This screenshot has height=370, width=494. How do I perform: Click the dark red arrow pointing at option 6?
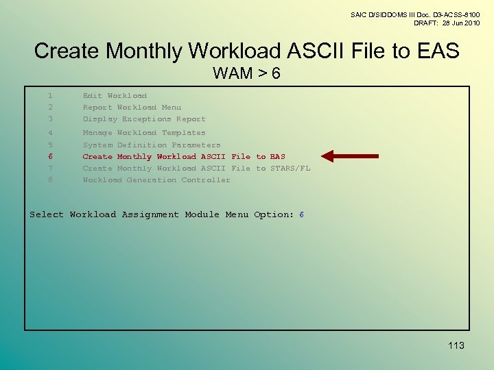350,156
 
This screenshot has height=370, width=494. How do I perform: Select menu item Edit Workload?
115,96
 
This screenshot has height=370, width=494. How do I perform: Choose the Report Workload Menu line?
132,108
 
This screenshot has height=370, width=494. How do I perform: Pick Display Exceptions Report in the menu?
144,119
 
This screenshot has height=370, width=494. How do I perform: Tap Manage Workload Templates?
144,133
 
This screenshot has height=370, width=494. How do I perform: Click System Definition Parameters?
152,145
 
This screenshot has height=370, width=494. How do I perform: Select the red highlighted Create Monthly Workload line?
184,157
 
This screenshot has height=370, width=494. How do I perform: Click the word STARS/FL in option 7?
292,169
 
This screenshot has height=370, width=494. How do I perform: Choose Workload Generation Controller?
156,180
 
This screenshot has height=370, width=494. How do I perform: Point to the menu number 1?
50,96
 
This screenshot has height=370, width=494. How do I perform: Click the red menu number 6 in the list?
50,157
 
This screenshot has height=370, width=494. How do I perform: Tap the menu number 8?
50,180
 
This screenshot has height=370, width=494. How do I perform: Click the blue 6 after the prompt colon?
302,214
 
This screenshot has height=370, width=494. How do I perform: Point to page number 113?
455,345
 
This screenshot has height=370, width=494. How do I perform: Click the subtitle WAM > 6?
246,73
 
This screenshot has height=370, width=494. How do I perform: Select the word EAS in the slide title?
434,51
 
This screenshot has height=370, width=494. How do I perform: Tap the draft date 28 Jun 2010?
456,23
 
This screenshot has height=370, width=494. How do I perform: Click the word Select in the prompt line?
46,214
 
